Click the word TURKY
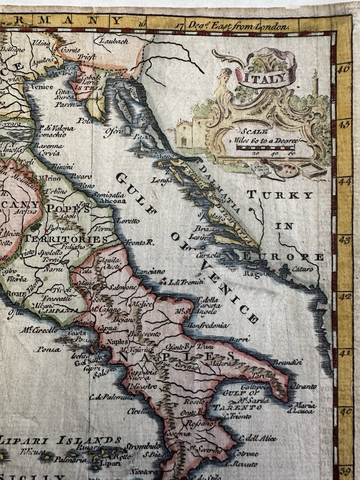tap(280, 195)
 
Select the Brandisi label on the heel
tap(289, 362)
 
